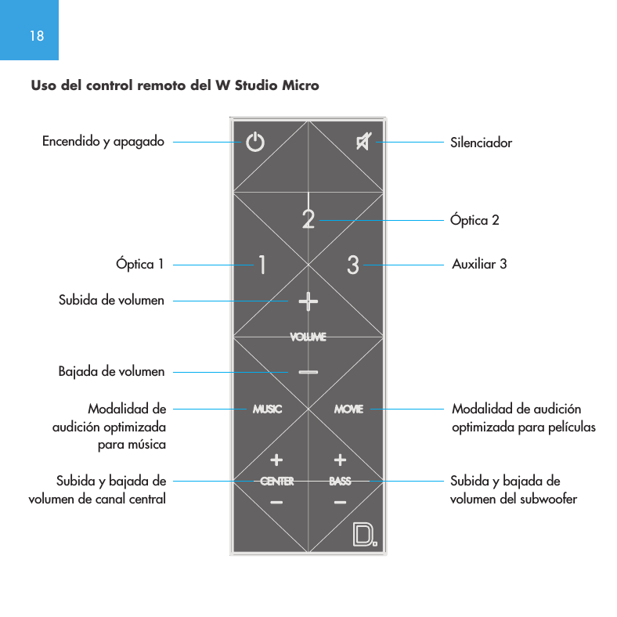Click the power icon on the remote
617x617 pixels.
click(255, 143)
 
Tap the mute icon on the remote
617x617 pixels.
click(363, 143)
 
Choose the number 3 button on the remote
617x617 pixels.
click(353, 265)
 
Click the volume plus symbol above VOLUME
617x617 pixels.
click(308, 300)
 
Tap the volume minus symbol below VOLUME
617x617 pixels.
click(308, 372)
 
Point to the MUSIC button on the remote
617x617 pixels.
click(267, 409)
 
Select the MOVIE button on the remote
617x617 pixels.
click(348, 409)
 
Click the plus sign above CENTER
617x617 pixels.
click(276, 459)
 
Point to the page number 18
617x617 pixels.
click(37, 36)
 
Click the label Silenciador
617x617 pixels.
click(481, 143)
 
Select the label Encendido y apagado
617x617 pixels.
click(103, 142)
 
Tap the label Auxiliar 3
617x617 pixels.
click(479, 264)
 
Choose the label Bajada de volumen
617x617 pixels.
click(111, 370)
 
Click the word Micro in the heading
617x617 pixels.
click(302, 85)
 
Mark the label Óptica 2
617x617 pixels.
click(474, 220)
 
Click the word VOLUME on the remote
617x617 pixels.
click(308, 337)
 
